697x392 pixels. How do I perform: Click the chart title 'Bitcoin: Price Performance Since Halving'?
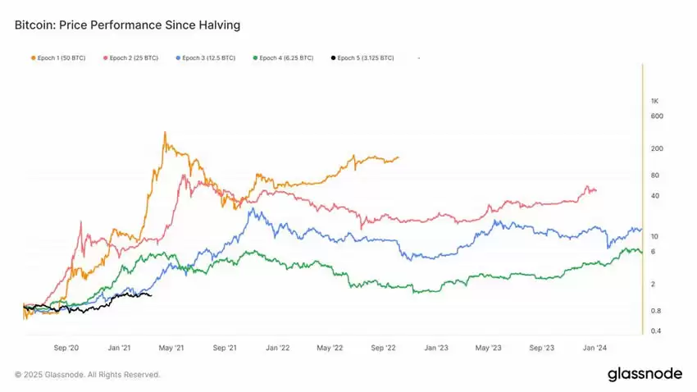(127, 25)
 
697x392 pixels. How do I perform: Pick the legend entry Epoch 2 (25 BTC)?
(130, 58)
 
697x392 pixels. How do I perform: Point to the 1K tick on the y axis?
(654, 101)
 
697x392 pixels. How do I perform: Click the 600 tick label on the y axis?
(656, 116)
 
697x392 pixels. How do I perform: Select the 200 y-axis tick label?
(656, 148)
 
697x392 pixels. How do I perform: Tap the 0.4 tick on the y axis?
(656, 331)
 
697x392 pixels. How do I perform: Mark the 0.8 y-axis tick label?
(656, 311)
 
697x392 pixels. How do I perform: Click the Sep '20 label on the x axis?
(66, 348)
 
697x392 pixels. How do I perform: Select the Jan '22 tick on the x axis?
(277, 348)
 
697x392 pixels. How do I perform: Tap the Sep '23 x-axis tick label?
(542, 348)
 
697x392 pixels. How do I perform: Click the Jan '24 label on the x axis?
(594, 348)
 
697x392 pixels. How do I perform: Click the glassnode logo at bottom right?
(645, 374)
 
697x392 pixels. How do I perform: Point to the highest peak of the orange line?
(166, 132)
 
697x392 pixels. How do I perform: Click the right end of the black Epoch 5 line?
(152, 295)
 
